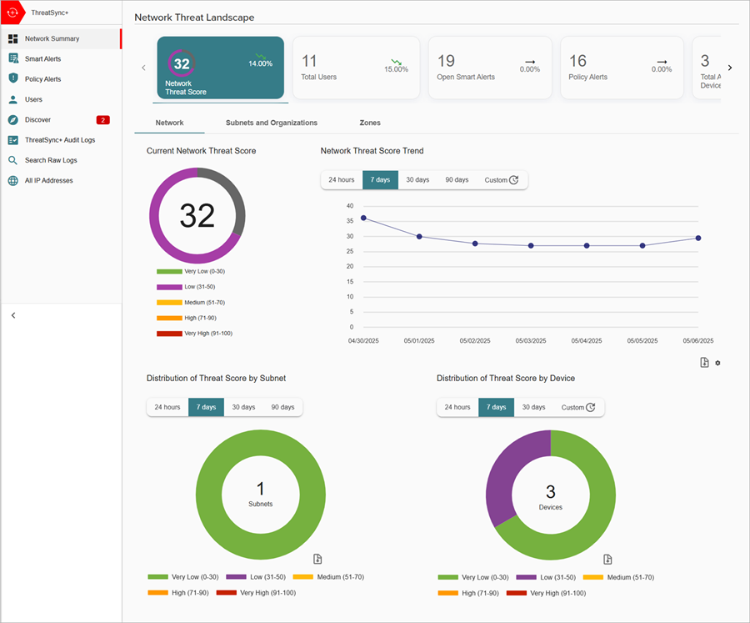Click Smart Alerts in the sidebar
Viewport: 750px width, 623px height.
pyautogui.click(x=42, y=59)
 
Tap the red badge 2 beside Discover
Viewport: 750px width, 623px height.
pyautogui.click(x=102, y=120)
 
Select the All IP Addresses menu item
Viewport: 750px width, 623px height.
pyautogui.click(x=48, y=180)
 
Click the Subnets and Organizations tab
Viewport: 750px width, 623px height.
pyautogui.click(x=271, y=123)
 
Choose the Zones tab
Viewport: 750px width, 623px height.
pyautogui.click(x=370, y=123)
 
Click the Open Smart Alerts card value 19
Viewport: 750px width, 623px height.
pyautogui.click(x=446, y=61)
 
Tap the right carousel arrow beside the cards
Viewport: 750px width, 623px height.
pyautogui.click(x=730, y=68)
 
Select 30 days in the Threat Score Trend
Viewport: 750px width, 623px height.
pyautogui.click(x=417, y=180)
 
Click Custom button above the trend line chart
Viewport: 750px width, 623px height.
pyautogui.click(x=502, y=180)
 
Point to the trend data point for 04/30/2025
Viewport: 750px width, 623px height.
pyautogui.click(x=363, y=218)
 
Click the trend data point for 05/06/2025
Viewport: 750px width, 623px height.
pyautogui.click(x=698, y=238)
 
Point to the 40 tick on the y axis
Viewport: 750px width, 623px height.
pyautogui.click(x=350, y=206)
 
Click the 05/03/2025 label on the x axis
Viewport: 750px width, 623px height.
pyautogui.click(x=531, y=341)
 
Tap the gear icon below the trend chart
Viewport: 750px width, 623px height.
pyautogui.click(x=717, y=363)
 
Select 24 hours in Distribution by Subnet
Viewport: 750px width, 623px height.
pyautogui.click(x=167, y=407)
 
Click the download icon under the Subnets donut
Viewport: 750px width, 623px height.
pyautogui.click(x=317, y=559)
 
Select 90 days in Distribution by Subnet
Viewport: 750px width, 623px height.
pyautogui.click(x=282, y=407)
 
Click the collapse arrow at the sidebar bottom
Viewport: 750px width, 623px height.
pyautogui.click(x=13, y=315)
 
